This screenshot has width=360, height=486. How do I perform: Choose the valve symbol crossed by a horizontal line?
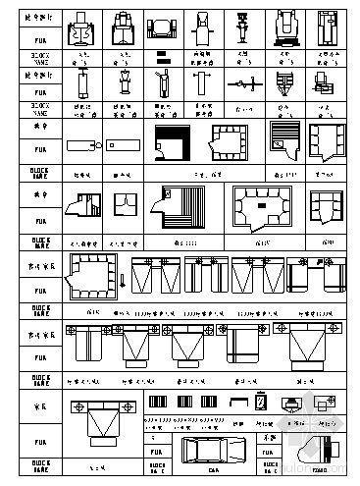(243, 84)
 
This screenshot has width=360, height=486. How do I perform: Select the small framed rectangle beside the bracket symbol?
(261, 402)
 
